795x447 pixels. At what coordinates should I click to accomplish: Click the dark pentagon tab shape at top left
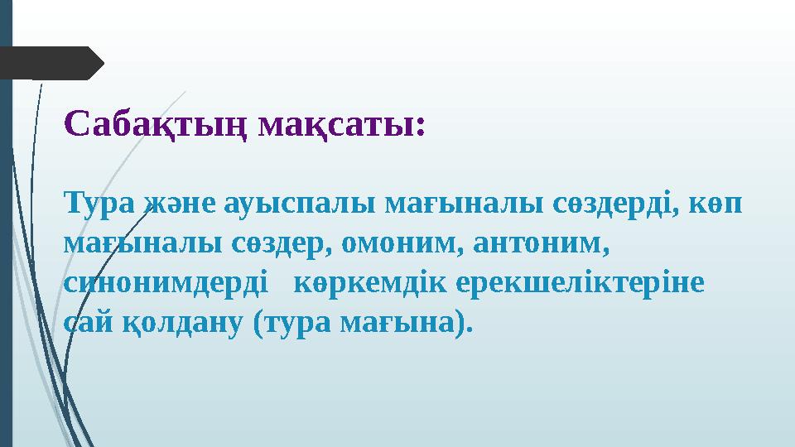pyautogui.click(x=50, y=63)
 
